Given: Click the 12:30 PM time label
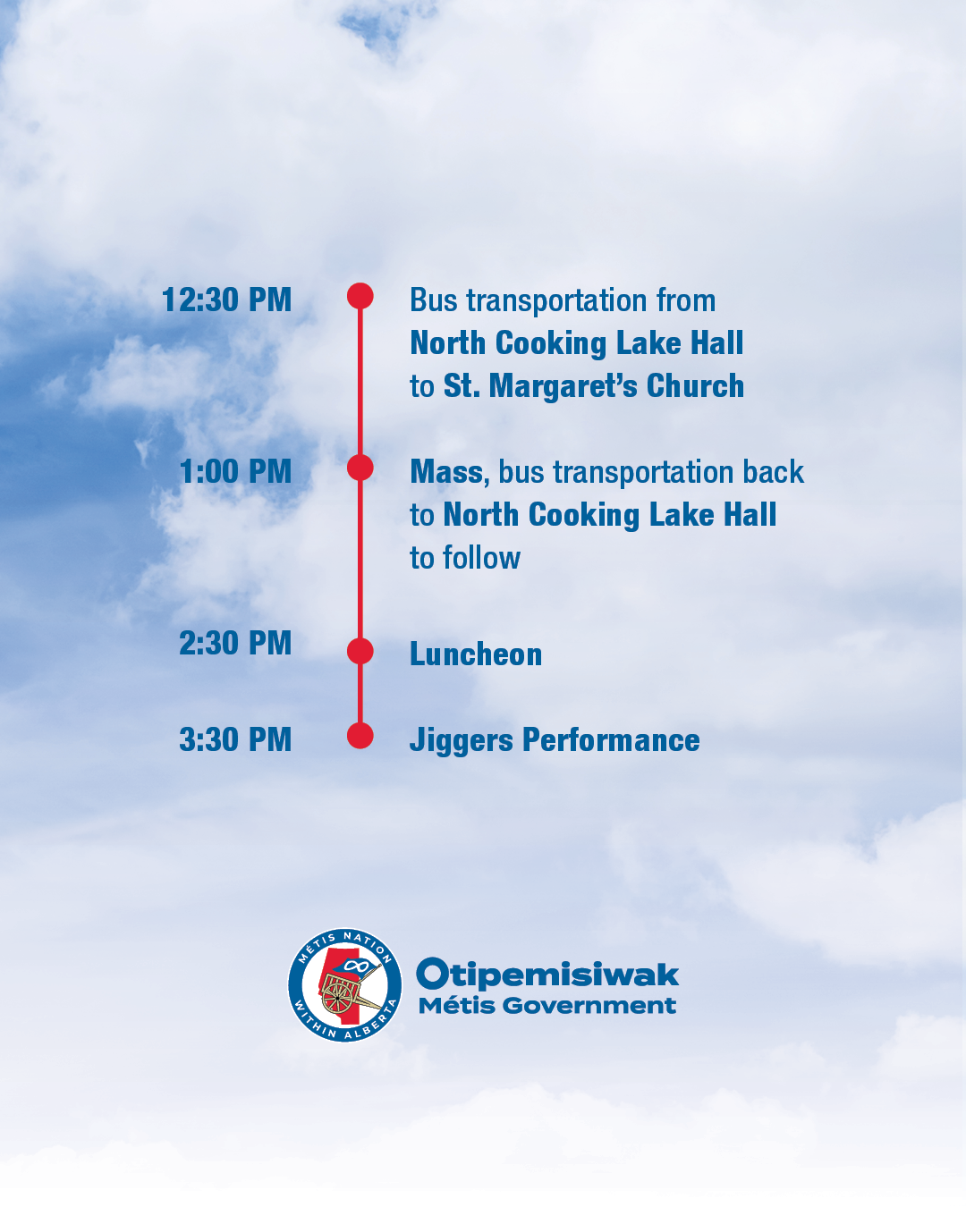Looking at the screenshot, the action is [227, 300].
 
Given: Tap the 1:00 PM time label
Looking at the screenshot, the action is [236, 471].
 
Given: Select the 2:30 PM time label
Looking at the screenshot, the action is [236, 643].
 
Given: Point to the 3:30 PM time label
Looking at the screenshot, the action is [236, 739].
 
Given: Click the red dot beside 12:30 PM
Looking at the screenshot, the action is [360, 296].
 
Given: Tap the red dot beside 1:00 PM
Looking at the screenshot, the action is [360, 468].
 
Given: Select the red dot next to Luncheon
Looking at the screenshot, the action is [360, 651].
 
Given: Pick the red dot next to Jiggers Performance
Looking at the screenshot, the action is [360, 736].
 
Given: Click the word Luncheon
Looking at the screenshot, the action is [476, 654].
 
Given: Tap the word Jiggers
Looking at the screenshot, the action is [462, 740].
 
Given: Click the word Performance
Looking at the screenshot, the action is [611, 739].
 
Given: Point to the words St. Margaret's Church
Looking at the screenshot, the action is [594, 386].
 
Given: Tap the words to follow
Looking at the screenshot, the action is [465, 558].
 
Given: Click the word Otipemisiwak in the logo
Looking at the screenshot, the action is [547, 975].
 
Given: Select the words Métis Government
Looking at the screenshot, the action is [547, 1006].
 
